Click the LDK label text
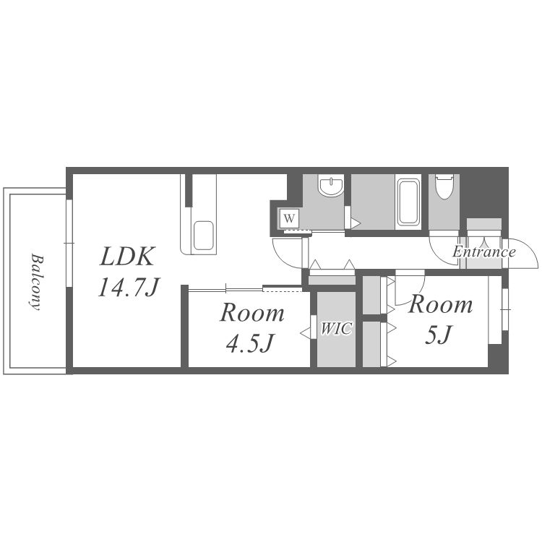[x=126, y=256]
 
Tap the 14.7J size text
[x=128, y=287]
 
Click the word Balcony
[x=35, y=283]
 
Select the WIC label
[x=336, y=328]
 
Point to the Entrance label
[x=484, y=251]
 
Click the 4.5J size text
[x=249, y=343]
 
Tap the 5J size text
[x=438, y=335]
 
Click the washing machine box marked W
[x=289, y=218]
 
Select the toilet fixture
[x=444, y=186]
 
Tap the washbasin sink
[x=331, y=186]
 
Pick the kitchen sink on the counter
[x=203, y=236]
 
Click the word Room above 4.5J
[x=252, y=313]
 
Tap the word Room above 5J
[x=440, y=305]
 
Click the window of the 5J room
[x=505, y=309]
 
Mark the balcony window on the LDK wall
[x=69, y=244]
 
